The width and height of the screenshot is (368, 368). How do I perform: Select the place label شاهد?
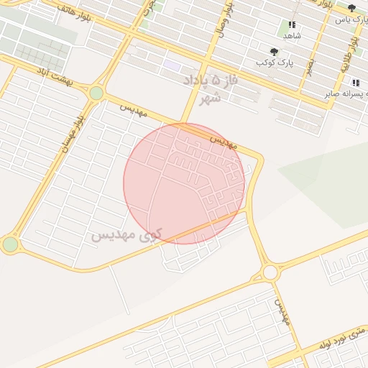292,35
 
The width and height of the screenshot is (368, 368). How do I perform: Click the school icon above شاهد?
292,24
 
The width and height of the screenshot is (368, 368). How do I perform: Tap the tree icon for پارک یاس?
351,9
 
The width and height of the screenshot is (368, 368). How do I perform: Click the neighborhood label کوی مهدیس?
126,234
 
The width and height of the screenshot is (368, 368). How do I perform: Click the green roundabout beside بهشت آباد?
96,93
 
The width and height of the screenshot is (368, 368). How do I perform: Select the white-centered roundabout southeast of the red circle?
270,272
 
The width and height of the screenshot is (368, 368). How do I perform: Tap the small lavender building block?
172,65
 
